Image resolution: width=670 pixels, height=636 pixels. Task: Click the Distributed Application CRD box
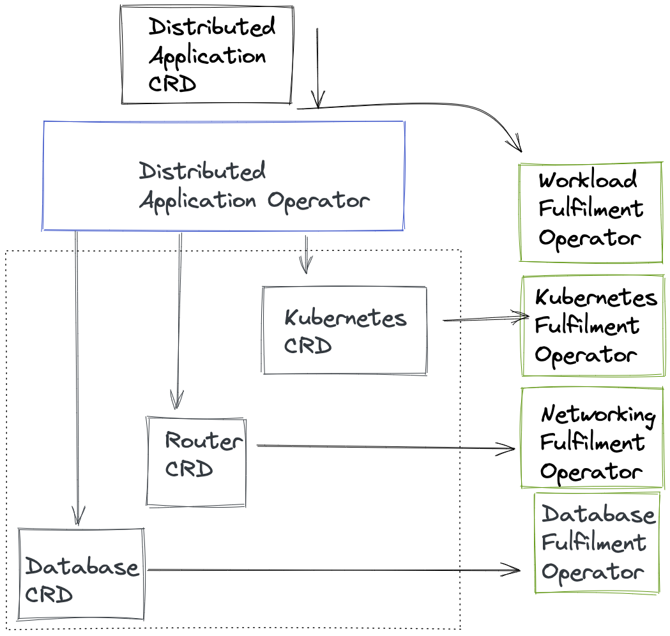coord(206,55)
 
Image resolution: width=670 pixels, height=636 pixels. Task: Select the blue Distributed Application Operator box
coord(224,176)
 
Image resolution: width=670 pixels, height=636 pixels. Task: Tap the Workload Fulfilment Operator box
coord(590,212)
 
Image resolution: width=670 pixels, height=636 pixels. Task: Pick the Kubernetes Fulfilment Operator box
coord(593,326)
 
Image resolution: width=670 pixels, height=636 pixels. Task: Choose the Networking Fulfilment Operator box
coord(593,438)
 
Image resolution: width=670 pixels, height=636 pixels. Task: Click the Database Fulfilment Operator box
coord(597,543)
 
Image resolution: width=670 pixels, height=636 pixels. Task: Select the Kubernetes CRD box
coord(344,330)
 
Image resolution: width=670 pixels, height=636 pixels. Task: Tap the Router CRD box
coord(196,462)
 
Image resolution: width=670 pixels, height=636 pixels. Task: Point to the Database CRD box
coord(81,573)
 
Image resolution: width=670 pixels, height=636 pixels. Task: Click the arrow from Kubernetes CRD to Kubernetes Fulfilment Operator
coord(485,318)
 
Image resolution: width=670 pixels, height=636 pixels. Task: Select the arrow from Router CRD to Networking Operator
coord(383,448)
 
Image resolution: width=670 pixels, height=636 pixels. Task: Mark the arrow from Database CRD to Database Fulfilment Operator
coord(332,570)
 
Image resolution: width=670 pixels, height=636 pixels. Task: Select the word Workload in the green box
coord(588,180)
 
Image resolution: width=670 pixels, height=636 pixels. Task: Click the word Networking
coord(598,415)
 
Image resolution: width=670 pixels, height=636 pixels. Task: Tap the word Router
coord(203,441)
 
